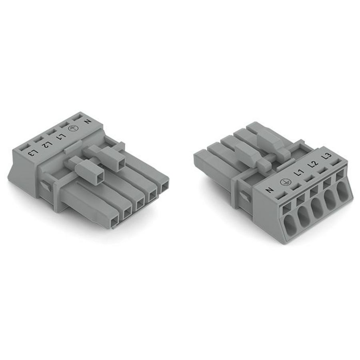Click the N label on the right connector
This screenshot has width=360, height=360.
pyautogui.click(x=270, y=190)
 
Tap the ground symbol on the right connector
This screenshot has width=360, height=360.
pyautogui.click(x=285, y=182)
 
